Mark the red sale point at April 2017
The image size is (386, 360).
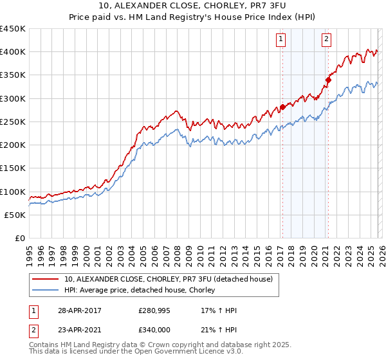tap(282, 107)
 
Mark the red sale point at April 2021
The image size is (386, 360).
tap(327, 80)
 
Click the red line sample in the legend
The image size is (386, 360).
tap(46, 279)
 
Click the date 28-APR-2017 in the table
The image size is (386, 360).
tap(78, 310)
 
